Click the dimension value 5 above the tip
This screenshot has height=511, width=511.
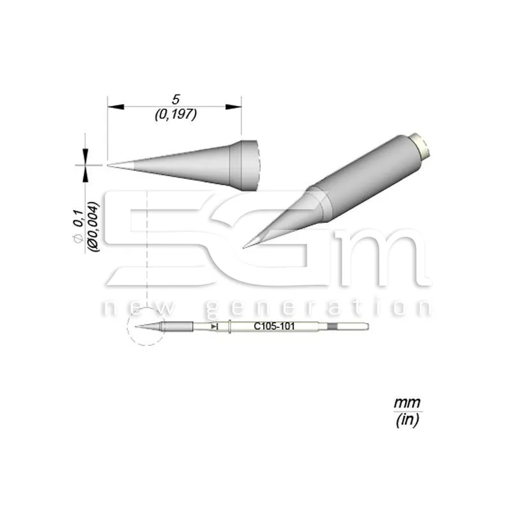click(174, 100)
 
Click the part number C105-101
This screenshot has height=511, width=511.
click(270, 326)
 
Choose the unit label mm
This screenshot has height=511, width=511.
click(402, 402)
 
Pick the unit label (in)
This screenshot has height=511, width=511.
click(402, 421)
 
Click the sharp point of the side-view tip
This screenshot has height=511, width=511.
click(109, 165)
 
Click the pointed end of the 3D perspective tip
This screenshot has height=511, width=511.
click(245, 246)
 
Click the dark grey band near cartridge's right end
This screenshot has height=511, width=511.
click(331, 327)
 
